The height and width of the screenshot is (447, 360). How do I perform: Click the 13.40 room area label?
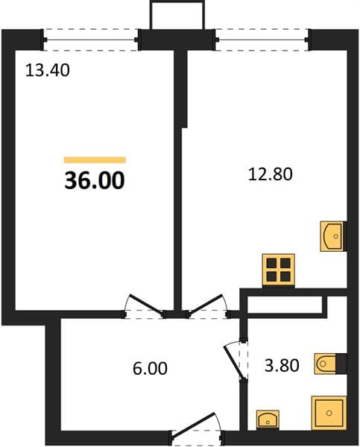tap(48, 71)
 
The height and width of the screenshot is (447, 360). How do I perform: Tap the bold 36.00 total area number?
tap(95, 180)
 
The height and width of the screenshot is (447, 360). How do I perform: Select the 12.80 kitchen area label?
tap(271, 174)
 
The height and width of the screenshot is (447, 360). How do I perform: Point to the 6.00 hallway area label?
tap(150, 368)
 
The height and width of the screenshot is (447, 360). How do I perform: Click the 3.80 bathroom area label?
tap(282, 366)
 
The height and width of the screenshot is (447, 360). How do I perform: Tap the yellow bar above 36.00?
tap(95, 159)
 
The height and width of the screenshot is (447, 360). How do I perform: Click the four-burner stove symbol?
tap(279, 270)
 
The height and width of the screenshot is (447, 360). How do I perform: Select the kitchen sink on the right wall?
tap(332, 236)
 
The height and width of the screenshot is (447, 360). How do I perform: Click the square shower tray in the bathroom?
tap(329, 413)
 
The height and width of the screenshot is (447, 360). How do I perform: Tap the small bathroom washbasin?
tap(268, 419)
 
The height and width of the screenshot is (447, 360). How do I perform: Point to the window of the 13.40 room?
tap(91, 39)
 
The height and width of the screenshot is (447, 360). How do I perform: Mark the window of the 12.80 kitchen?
tap(262, 39)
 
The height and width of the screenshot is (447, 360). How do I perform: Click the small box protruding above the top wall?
tap(177, 15)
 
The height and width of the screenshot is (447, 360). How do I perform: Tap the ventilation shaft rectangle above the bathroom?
tap(285, 305)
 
